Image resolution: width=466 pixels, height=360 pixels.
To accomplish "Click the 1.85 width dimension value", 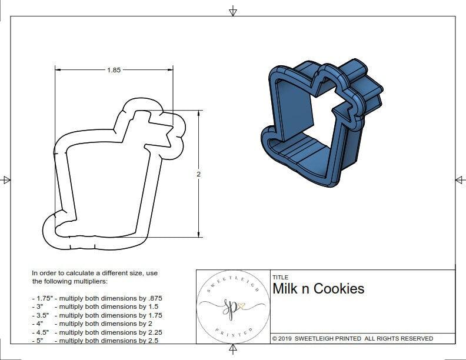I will (114, 70).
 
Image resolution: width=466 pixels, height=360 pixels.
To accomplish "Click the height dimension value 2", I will (198, 175).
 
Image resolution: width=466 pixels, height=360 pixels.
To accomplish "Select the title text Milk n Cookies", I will (318, 289).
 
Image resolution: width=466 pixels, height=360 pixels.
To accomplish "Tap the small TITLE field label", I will (280, 277).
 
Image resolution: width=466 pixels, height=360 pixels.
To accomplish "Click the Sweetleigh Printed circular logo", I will (232, 306).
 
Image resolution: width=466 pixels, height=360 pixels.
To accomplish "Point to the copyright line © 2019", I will (352, 338).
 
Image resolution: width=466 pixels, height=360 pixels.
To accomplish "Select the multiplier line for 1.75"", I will (97, 298).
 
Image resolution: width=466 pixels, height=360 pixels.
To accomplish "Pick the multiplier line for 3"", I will (97, 306).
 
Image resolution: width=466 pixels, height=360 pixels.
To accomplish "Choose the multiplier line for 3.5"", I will (97, 315).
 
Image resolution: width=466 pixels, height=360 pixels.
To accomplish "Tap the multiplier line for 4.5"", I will (97, 331).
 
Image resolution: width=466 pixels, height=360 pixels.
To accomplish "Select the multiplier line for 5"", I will (97, 340).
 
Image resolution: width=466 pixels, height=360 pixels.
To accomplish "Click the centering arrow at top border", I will (233, 11).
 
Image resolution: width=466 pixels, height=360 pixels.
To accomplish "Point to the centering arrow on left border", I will (6, 180).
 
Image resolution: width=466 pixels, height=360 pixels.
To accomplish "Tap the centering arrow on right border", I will (460, 180).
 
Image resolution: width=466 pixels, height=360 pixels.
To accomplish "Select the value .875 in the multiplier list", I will (152, 298).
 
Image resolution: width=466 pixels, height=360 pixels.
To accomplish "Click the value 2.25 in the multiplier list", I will (151, 331).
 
